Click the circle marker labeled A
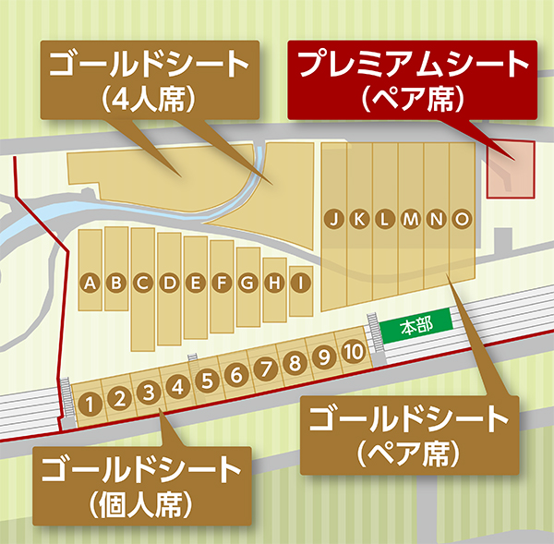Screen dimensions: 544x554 point(90,284)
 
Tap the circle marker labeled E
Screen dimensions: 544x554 point(196,284)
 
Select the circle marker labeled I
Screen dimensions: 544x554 point(299,284)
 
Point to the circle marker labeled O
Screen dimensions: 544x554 point(463,219)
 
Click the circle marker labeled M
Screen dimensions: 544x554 point(412,219)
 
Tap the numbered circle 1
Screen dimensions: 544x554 point(90,403)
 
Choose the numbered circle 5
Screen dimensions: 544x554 point(208,380)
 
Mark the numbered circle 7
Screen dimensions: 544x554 point(266,369)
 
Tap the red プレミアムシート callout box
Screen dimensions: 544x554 point(411,78)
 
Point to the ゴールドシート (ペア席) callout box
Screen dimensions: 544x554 point(409,430)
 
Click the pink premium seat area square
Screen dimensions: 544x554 point(510,169)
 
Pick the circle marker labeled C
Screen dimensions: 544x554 point(143,284)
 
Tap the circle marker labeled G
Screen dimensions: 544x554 point(247,284)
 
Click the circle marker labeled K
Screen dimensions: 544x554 point(360,219)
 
